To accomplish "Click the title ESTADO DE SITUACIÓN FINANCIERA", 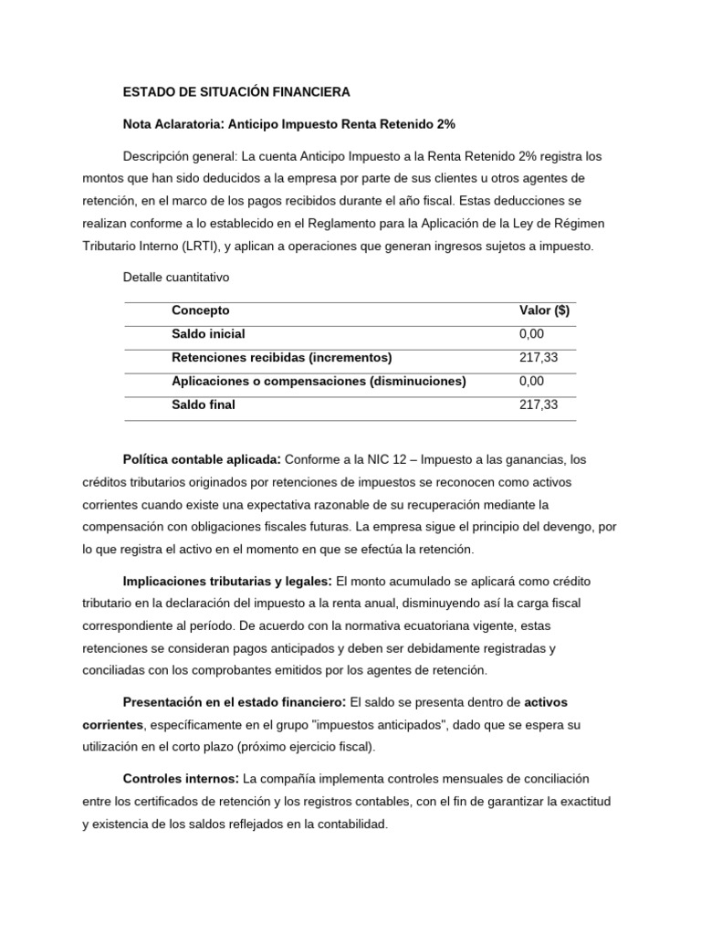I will (236, 92).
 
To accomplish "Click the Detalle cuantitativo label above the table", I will (175, 278).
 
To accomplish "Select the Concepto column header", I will (201, 310).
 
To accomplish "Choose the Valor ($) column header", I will (544, 310).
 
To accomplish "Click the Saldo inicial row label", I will (208, 334).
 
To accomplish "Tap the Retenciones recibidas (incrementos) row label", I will (281, 358).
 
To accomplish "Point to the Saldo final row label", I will (203, 404).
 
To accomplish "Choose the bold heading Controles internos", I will (181, 779).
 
